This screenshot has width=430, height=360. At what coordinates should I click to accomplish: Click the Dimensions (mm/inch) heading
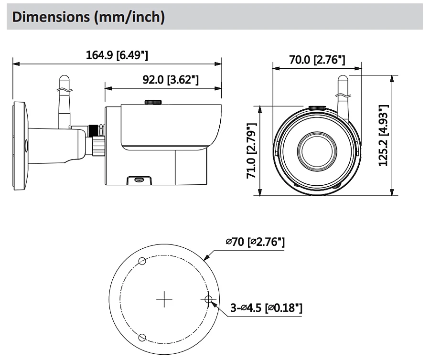click(x=88, y=17)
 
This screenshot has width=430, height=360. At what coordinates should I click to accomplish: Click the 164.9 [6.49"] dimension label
click(x=117, y=55)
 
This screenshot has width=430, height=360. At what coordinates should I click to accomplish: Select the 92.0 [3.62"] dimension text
click(x=171, y=80)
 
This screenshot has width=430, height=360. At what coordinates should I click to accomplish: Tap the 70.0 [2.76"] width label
click(x=317, y=60)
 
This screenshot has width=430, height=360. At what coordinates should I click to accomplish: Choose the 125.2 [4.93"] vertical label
click(x=383, y=135)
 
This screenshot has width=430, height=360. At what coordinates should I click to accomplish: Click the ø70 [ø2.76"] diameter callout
click(x=255, y=242)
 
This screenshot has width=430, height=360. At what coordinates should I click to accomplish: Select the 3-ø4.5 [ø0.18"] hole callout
click(x=266, y=307)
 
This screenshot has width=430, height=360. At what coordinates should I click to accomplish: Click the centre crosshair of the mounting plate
click(x=164, y=299)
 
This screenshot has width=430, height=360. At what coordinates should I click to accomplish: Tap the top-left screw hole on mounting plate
click(x=142, y=261)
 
